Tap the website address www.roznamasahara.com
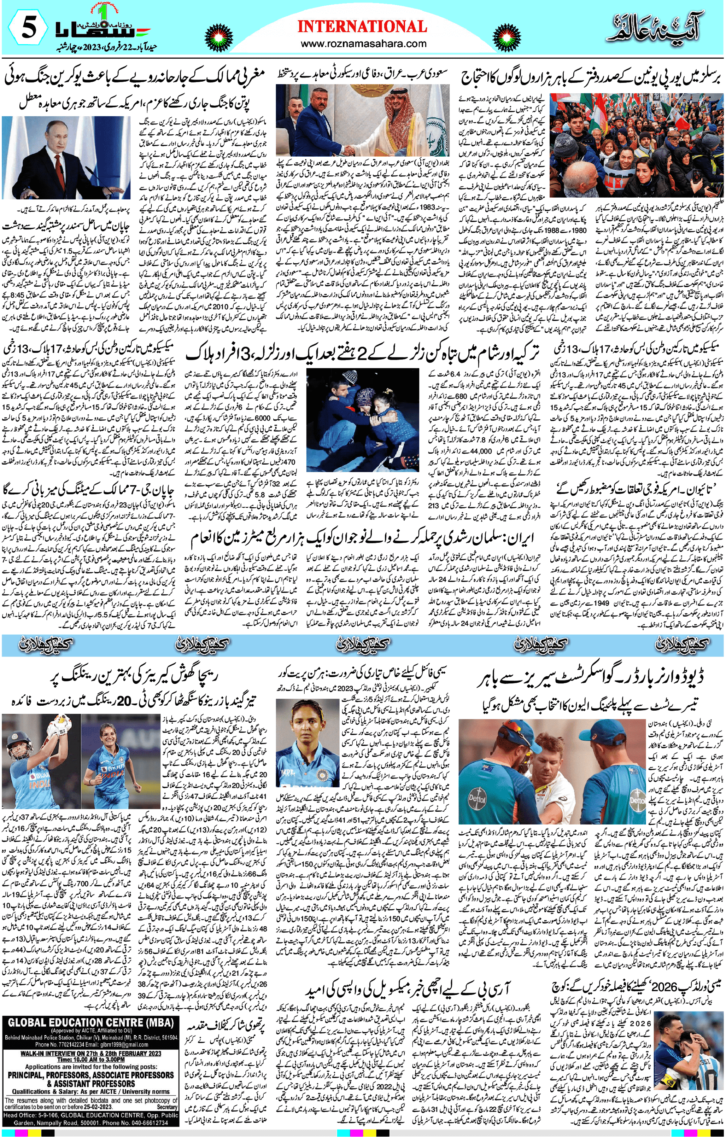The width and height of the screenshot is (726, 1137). pyautogui.click(x=362, y=44)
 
